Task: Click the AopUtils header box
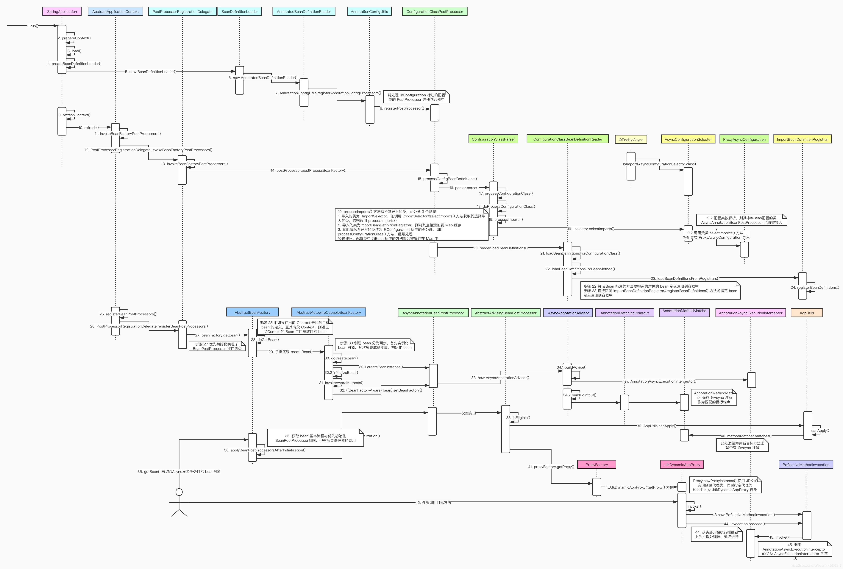click(807, 313)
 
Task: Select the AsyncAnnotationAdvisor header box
click(568, 313)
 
